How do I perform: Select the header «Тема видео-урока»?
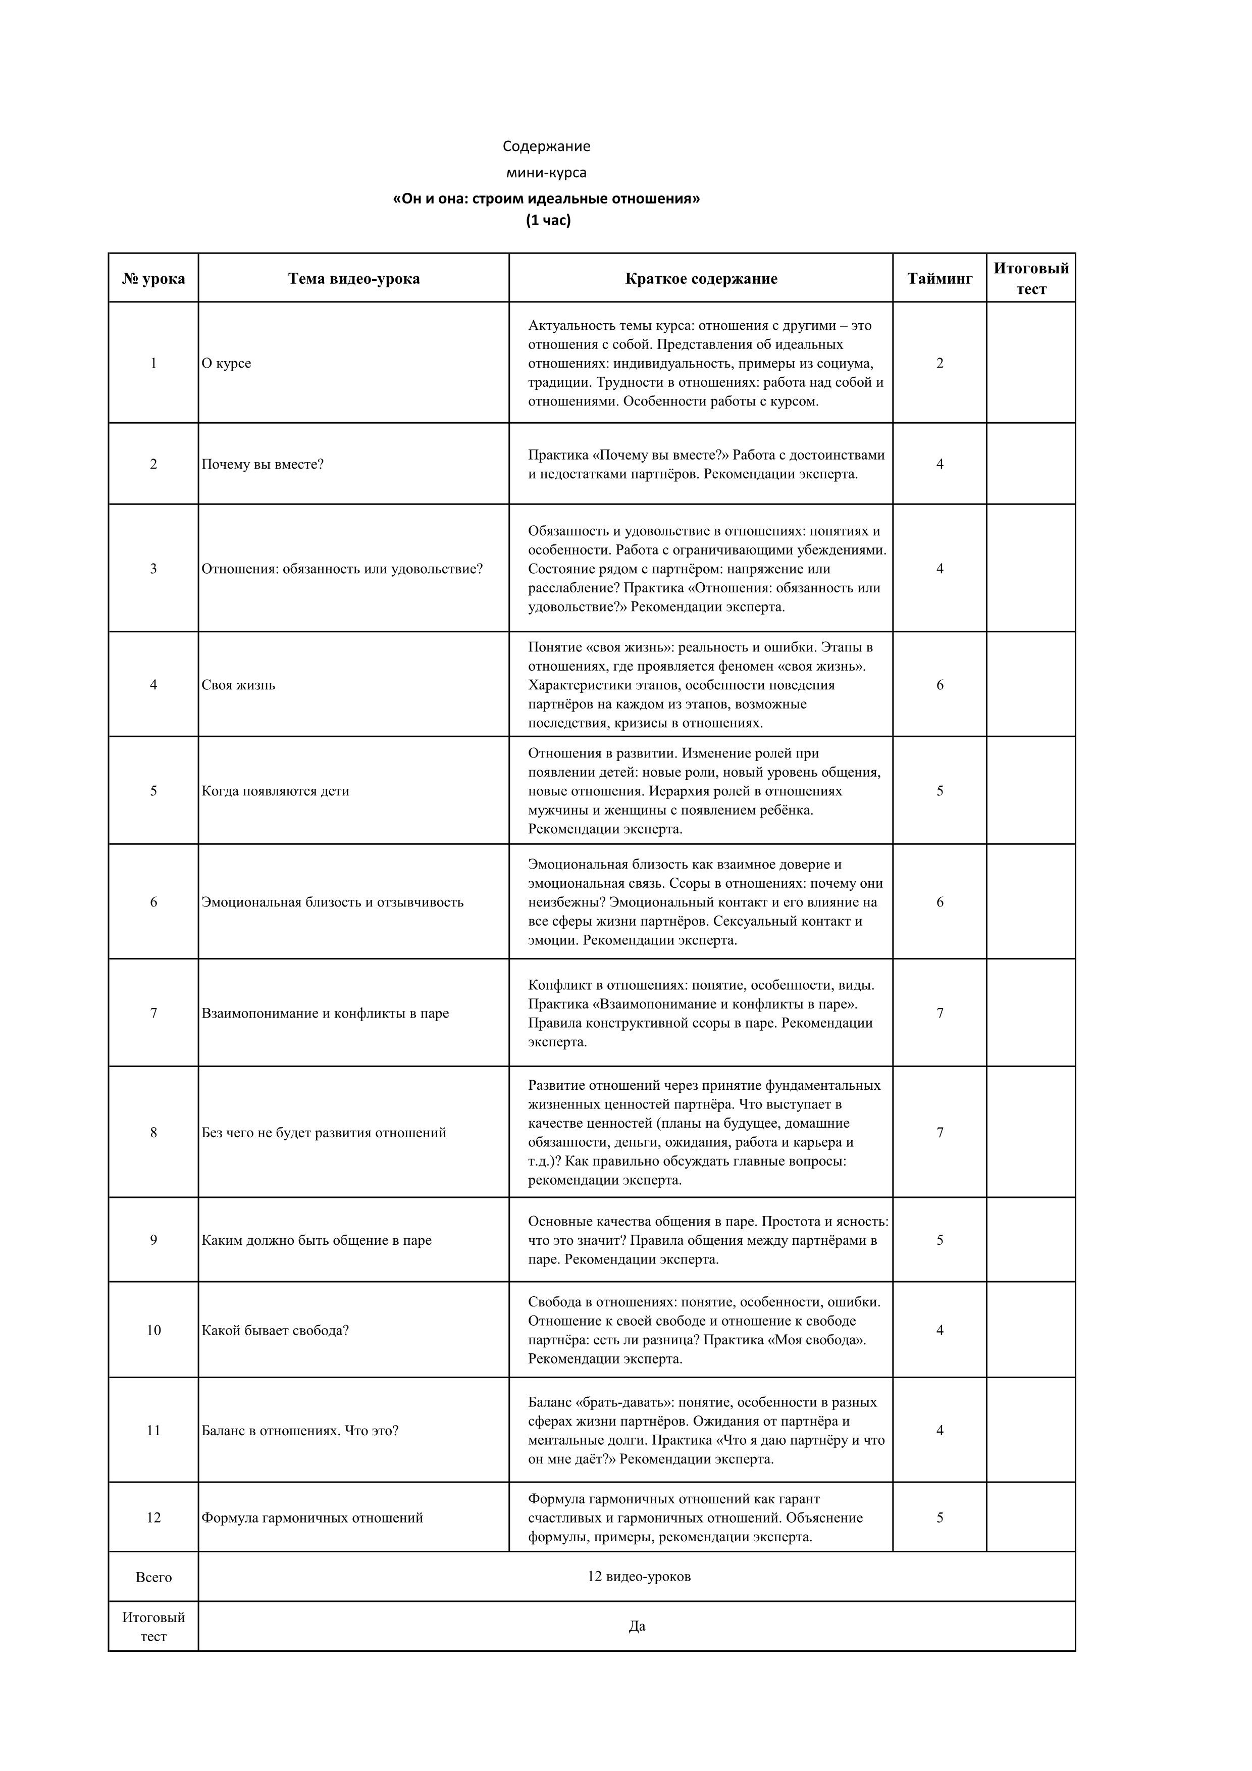point(354,278)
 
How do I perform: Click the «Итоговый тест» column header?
point(1031,278)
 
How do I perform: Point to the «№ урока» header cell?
point(153,278)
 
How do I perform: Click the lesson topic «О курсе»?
point(227,363)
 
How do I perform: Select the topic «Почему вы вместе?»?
point(263,465)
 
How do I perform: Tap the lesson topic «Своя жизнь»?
point(238,685)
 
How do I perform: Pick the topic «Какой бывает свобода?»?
point(275,1330)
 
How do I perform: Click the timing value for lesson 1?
point(940,363)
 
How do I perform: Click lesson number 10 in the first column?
point(153,1330)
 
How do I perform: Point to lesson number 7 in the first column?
point(153,1013)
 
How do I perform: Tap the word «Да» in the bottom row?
point(637,1626)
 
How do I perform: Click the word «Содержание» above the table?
point(547,146)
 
